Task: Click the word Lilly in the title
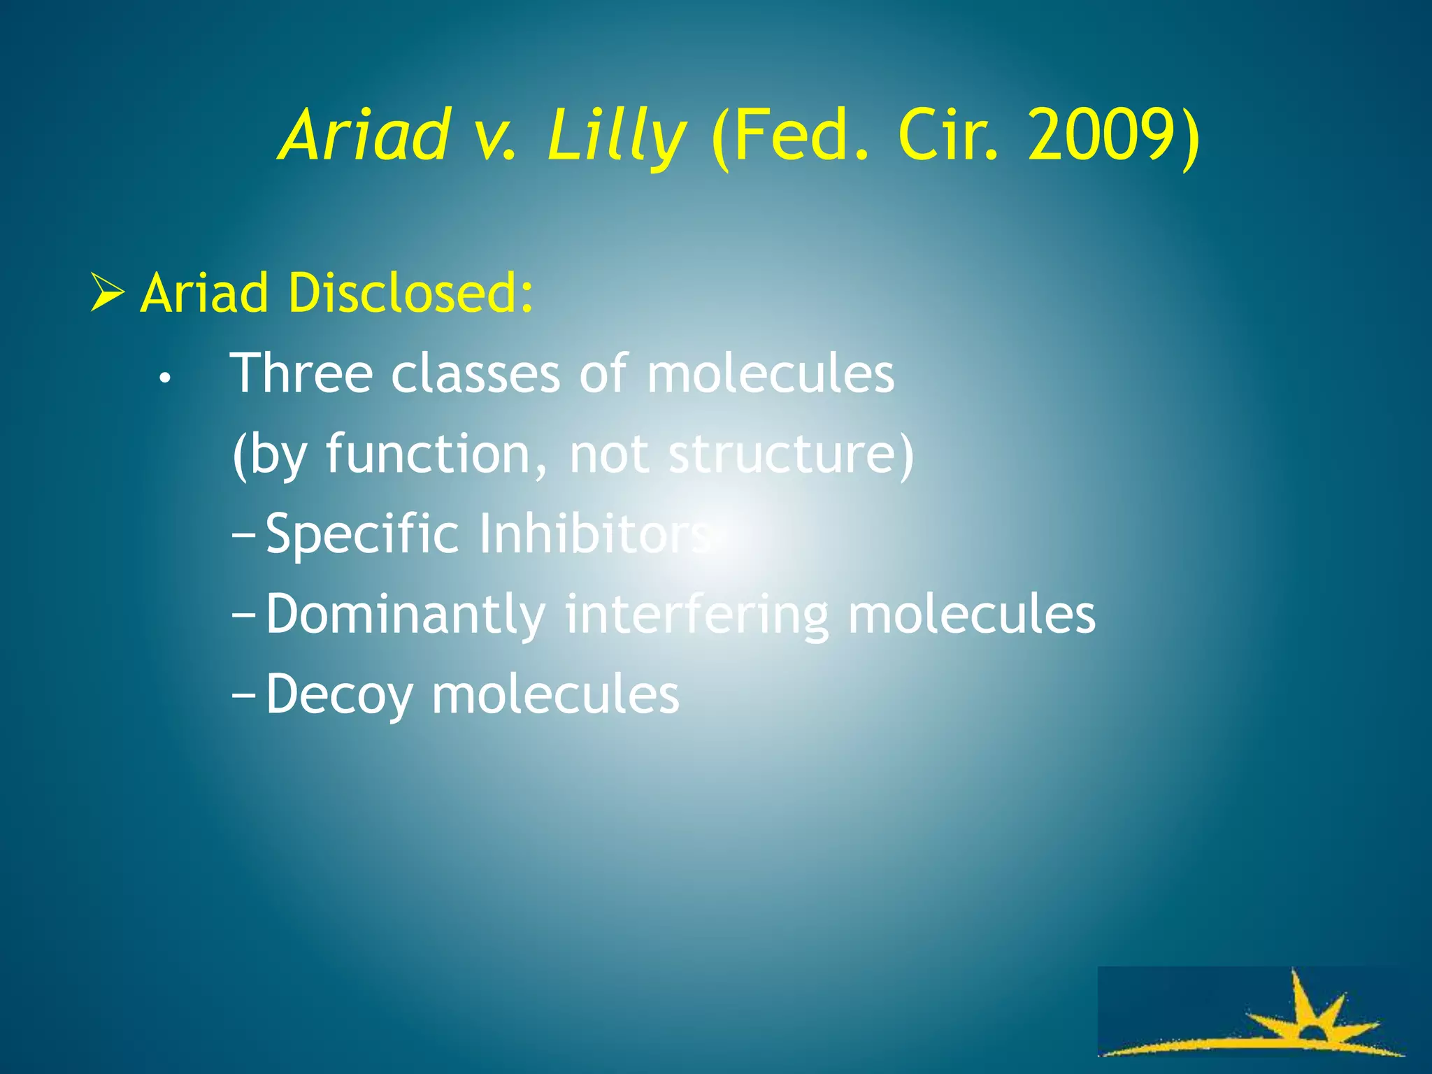[x=615, y=136]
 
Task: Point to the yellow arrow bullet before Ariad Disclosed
[x=107, y=293]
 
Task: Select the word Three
[x=301, y=373]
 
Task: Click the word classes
[x=475, y=373]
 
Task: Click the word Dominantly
[x=406, y=615]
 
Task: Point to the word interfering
[x=696, y=615]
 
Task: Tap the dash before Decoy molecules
[x=244, y=697]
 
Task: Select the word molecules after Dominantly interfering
[x=971, y=615]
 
